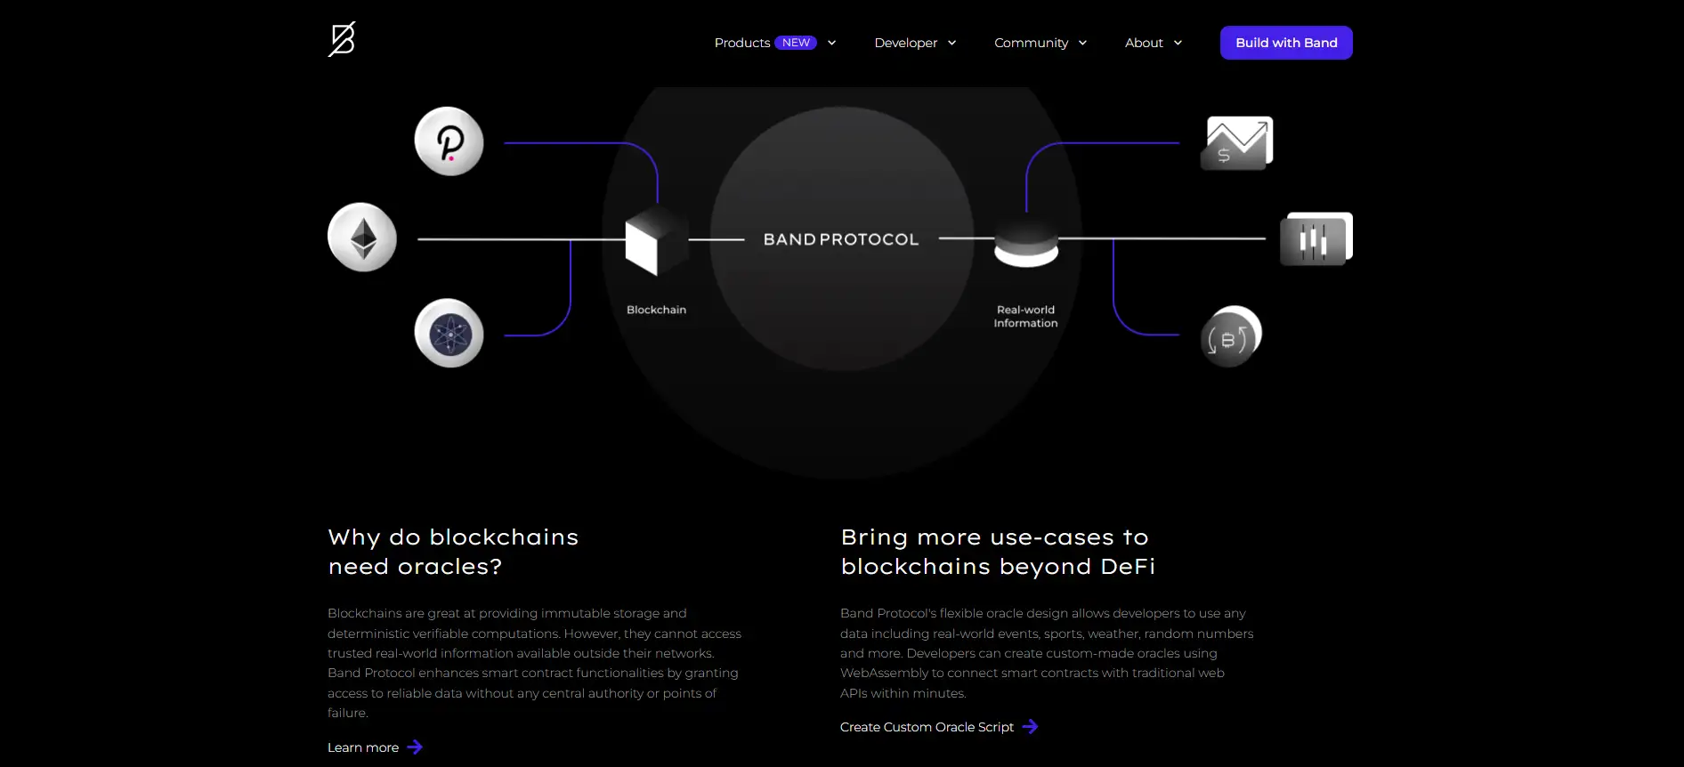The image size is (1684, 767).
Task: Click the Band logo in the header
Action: pos(342,40)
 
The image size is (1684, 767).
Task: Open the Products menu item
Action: pos(741,43)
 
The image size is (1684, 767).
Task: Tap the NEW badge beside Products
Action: pos(796,43)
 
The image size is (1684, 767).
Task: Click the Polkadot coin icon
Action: pos(449,141)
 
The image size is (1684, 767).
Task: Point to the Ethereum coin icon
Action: pos(362,238)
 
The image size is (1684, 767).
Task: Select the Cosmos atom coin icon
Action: pos(449,334)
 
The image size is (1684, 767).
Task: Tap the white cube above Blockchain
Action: pos(655,241)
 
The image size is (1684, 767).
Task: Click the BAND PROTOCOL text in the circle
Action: pos(841,239)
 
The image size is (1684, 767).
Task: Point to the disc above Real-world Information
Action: pos(1026,243)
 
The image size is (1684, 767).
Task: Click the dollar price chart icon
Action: pos(1237,142)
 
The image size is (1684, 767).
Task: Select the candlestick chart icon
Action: pos(1316,239)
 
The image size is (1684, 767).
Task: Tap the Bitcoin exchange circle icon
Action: pos(1230,336)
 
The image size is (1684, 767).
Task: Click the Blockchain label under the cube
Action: pos(656,310)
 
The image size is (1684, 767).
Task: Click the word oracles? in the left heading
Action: pos(449,567)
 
